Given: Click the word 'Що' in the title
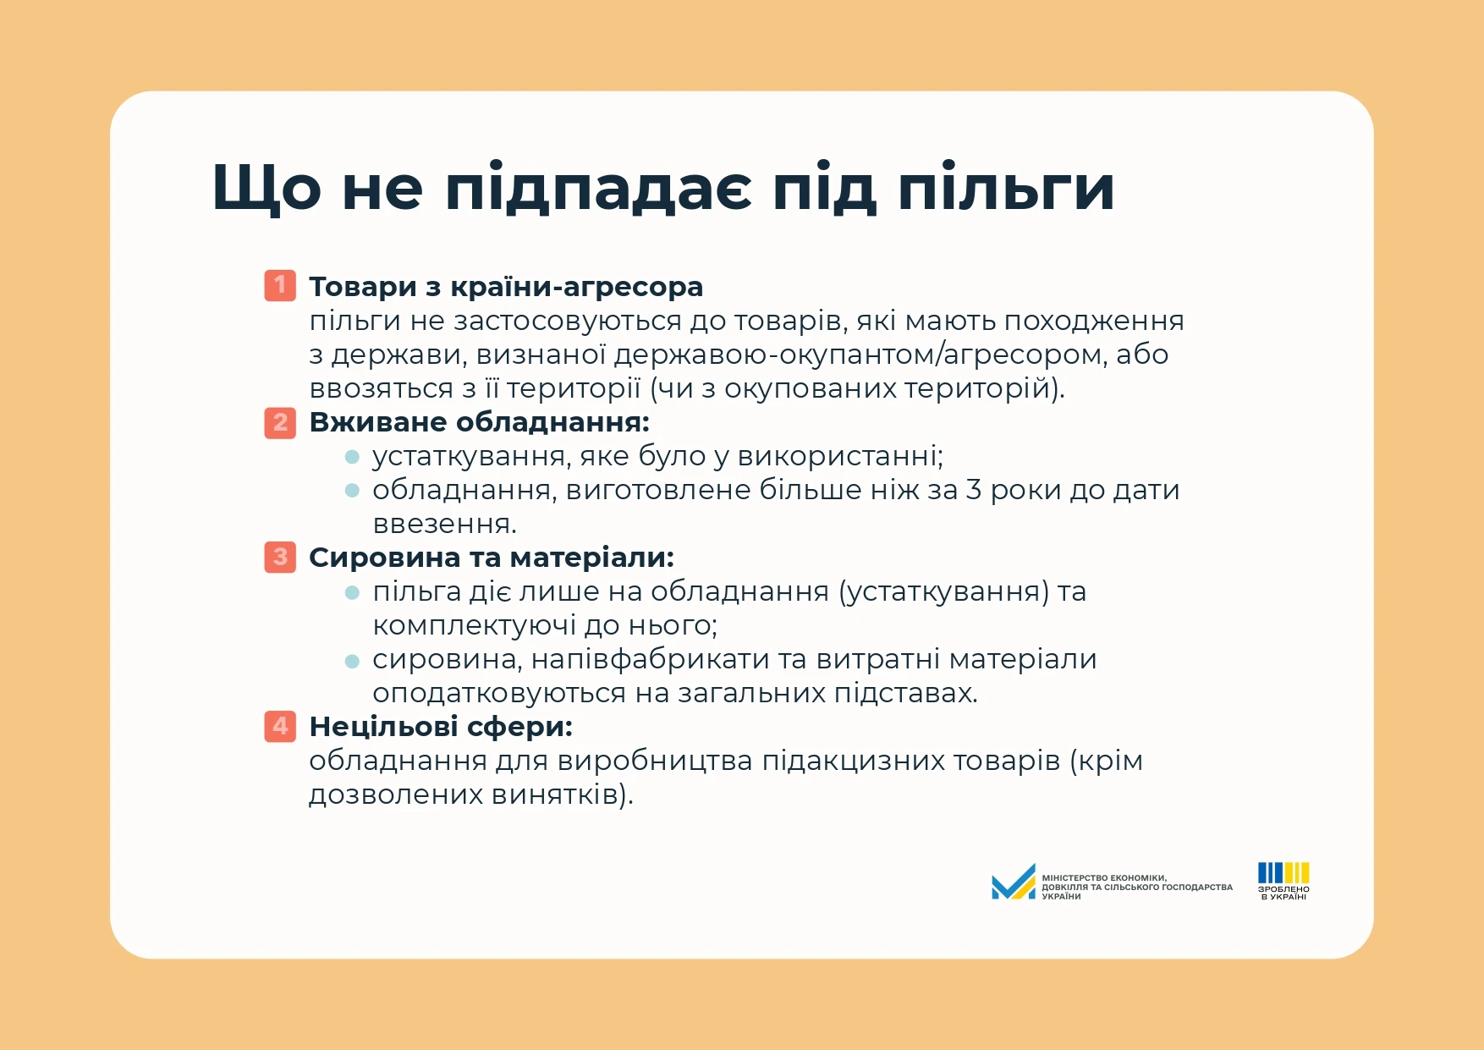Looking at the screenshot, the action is coord(267,187).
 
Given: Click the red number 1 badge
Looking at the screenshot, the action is coord(280,286).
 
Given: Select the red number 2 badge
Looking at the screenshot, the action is coord(280,421).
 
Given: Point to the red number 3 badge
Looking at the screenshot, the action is coord(280,557).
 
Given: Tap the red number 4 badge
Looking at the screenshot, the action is coord(280,726).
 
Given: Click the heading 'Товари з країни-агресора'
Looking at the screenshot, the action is coord(506,288).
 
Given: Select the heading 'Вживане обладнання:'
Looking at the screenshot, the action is coord(479,422).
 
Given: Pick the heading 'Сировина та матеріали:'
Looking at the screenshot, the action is coord(492,558).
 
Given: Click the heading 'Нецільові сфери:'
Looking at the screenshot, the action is coord(441,728).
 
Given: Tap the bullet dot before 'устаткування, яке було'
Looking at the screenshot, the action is coord(353,457).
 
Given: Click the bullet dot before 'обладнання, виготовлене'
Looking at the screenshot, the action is coord(353,491).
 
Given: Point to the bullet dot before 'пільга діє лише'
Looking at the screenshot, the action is coord(353,592).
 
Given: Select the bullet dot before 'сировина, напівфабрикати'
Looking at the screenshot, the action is coord(353,660).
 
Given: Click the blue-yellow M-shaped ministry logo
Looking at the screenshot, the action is coord(1014,882).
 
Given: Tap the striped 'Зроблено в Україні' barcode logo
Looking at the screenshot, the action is coord(1283,881).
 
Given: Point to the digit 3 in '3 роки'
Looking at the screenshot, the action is coord(974,490).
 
